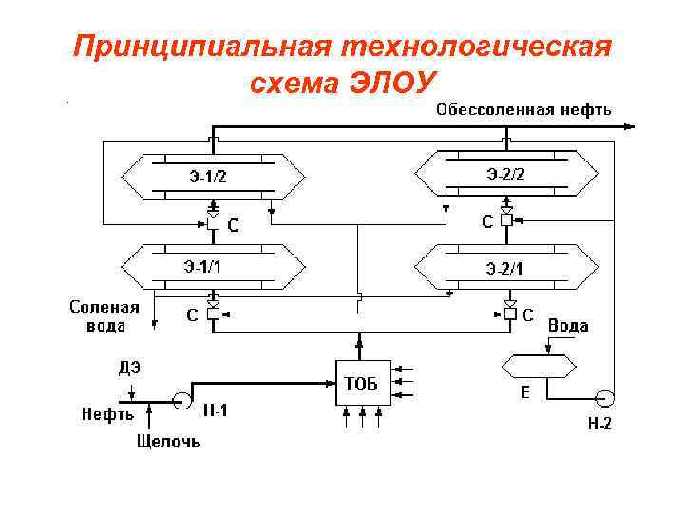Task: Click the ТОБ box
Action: [x=359, y=383]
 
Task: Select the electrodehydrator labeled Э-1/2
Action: [x=213, y=174]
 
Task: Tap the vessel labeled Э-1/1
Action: [x=213, y=266]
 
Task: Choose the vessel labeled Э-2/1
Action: [x=507, y=267]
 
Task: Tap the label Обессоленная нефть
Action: [x=522, y=109]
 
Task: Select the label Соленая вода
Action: [x=104, y=316]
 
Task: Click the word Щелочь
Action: [x=168, y=442]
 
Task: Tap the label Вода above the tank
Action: [x=568, y=325]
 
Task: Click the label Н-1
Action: [x=216, y=410]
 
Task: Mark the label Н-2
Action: [x=598, y=425]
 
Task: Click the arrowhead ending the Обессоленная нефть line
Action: [x=632, y=124]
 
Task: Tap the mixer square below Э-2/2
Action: [x=507, y=220]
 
